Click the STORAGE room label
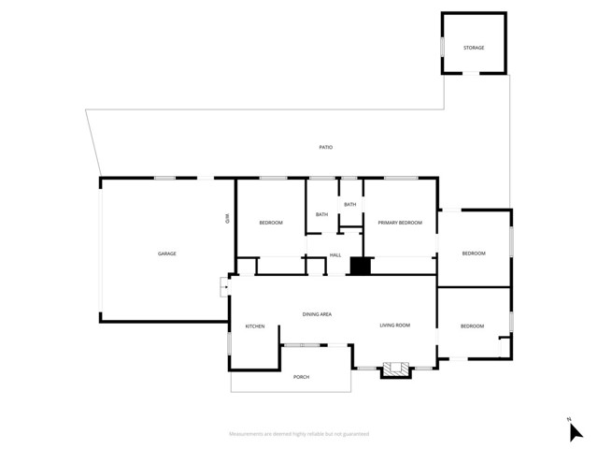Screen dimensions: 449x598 [474, 48]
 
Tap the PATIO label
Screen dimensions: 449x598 [325, 148]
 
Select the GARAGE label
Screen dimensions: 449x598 [166, 253]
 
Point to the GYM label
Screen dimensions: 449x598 [227, 219]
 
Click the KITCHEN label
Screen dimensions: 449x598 [255, 326]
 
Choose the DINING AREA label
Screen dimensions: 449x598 [317, 314]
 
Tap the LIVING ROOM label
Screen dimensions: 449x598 [394, 326]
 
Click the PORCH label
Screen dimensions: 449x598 [301, 377]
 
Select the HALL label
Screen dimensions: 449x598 [335, 255]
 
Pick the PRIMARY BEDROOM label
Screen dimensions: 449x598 [400, 223]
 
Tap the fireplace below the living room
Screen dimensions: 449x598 [395, 370]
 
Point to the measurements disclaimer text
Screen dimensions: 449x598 [298, 434]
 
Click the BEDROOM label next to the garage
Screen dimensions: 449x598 [271, 222]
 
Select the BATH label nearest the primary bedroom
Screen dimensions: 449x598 [350, 205]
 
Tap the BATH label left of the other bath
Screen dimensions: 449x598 [321, 215]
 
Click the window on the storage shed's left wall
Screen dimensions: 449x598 [442, 46]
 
